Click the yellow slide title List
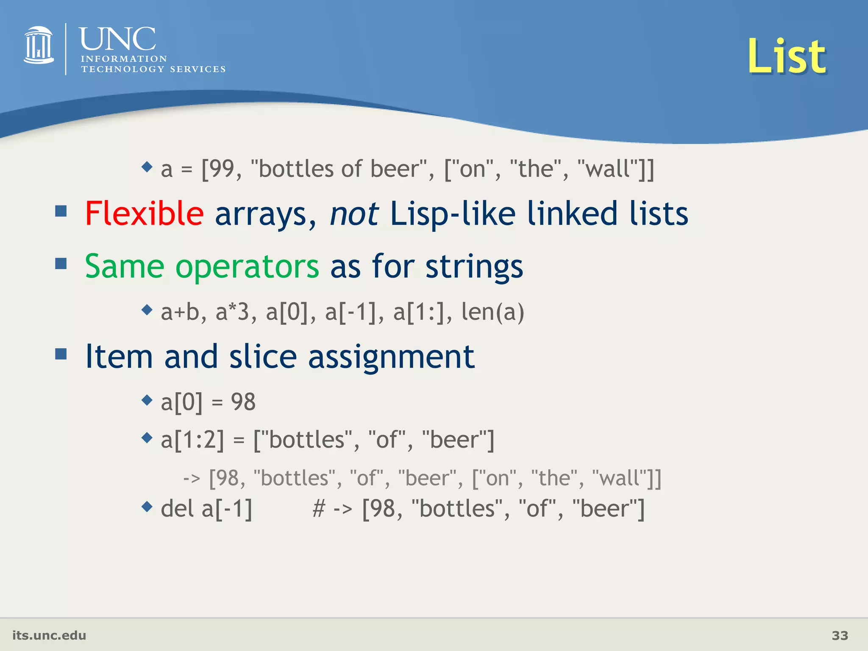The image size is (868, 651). click(786, 56)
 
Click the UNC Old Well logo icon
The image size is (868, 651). click(39, 45)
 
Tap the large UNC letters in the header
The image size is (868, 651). click(117, 39)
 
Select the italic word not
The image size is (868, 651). click(353, 214)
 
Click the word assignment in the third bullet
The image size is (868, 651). click(391, 357)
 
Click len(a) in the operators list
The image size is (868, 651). click(492, 312)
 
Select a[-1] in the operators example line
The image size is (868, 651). click(350, 312)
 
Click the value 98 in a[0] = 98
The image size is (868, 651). click(243, 402)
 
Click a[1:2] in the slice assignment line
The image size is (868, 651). click(192, 440)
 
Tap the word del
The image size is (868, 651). click(177, 509)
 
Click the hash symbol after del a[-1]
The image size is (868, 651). click(318, 509)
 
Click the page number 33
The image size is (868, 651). click(840, 635)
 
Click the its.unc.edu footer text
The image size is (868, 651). click(49, 635)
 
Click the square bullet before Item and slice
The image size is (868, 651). click(61, 353)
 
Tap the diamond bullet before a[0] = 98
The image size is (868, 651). click(147, 400)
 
